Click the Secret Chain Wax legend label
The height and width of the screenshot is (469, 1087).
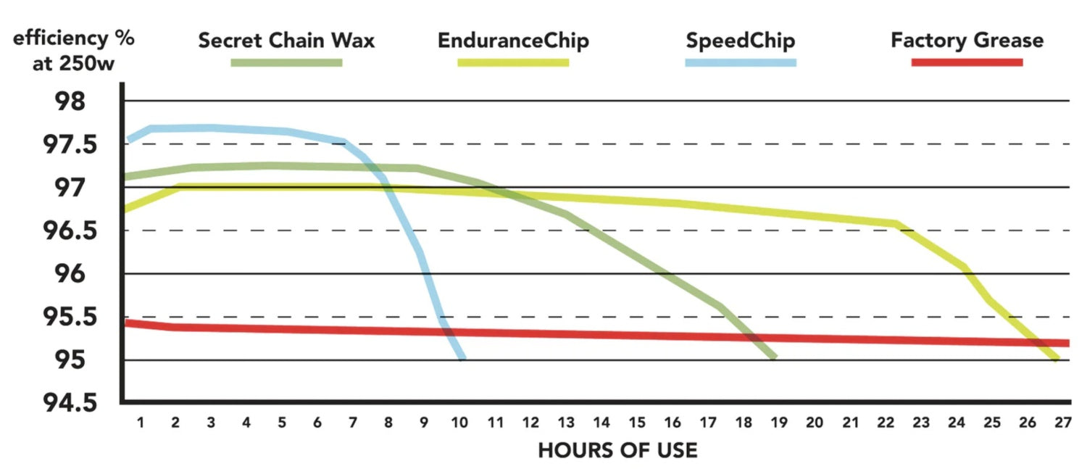pyautogui.click(x=286, y=41)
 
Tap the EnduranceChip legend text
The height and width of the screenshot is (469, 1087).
pyautogui.click(x=513, y=41)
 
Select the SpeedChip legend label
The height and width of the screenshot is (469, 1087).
pyautogui.click(x=740, y=41)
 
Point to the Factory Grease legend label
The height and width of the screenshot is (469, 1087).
pyautogui.click(x=967, y=41)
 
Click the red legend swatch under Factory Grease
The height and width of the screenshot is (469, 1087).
pyautogui.click(x=967, y=62)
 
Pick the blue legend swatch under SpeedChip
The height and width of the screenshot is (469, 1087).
pyautogui.click(x=741, y=62)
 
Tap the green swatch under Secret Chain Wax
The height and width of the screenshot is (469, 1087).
pyautogui.click(x=286, y=62)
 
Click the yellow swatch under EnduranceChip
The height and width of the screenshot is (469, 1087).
pyautogui.click(x=513, y=62)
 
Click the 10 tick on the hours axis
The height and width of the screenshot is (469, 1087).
pyautogui.click(x=459, y=422)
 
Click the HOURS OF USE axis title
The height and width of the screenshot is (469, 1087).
pyautogui.click(x=617, y=451)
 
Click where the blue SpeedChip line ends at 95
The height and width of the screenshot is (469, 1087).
pyautogui.click(x=462, y=357)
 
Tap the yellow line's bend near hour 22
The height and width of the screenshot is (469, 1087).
pyautogui.click(x=897, y=224)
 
